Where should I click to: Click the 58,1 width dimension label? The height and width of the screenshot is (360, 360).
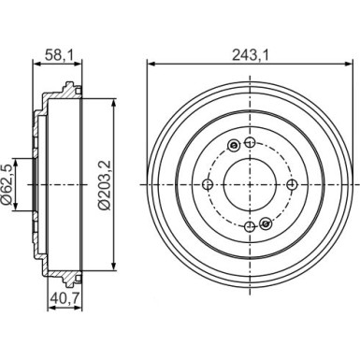click(x=58, y=55)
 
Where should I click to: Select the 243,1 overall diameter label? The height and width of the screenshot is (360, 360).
click(x=251, y=55)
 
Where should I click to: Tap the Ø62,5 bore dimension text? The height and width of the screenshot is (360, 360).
click(x=8, y=184)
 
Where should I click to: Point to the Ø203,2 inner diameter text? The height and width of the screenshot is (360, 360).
click(x=104, y=184)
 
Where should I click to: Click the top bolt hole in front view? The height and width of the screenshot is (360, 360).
click(x=250, y=143)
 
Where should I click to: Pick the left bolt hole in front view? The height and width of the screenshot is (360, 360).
click(x=208, y=184)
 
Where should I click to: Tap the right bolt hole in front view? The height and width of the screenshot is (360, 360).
click(x=292, y=184)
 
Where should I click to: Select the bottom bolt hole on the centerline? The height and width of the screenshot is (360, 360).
click(x=250, y=226)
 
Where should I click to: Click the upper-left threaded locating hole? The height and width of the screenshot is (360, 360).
click(x=234, y=145)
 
